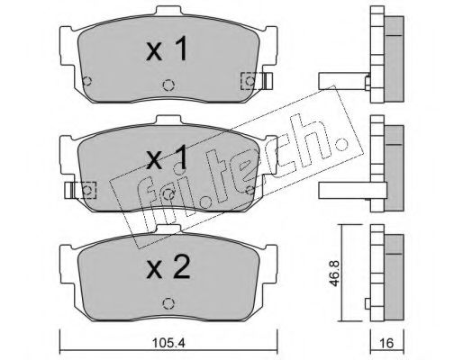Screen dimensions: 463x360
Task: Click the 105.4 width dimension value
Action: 168,343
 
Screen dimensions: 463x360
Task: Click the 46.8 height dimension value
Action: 335,274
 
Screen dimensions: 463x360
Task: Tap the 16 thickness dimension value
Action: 387,343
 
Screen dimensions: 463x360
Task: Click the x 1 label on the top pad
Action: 167,48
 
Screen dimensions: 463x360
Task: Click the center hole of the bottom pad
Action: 168,303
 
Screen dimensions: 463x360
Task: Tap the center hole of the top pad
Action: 168,85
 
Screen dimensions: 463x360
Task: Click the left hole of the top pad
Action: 87,81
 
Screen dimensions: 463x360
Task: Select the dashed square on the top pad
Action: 250,81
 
